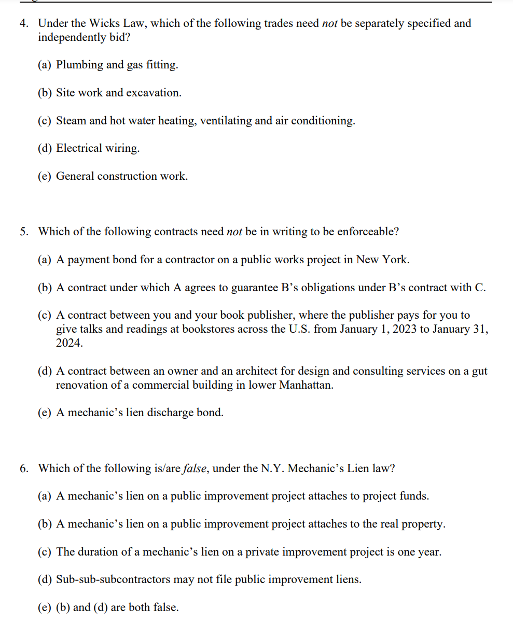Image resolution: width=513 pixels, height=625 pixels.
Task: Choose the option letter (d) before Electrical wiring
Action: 45,148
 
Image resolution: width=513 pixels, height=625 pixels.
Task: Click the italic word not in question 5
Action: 234,232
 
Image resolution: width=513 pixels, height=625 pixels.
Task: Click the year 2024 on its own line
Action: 69,343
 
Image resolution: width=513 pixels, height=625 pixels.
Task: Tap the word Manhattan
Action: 306,385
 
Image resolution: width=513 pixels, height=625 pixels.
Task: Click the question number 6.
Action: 24,468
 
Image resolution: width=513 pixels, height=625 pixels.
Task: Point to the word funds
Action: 413,496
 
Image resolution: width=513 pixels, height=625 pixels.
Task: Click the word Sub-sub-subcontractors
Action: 113,579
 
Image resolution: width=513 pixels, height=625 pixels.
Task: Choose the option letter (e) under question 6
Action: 45,607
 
